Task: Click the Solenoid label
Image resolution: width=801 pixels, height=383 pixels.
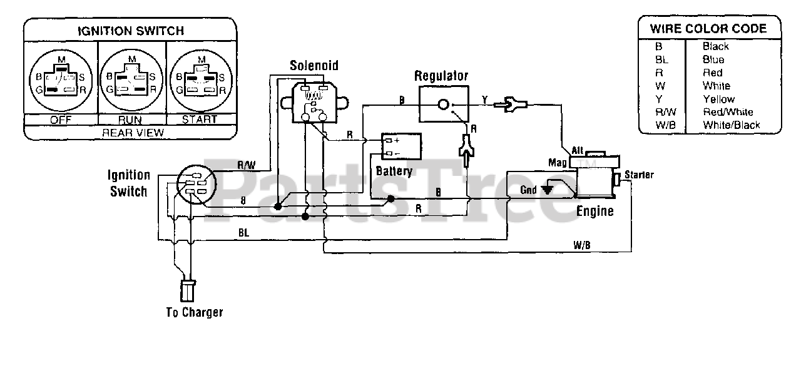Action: pos(314,66)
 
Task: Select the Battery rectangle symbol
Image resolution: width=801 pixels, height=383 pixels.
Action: pos(401,146)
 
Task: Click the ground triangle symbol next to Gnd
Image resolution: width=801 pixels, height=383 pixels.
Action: pos(547,190)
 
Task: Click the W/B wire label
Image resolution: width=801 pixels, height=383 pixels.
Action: pos(582,245)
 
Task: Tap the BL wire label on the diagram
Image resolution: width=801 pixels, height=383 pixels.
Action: pos(243,233)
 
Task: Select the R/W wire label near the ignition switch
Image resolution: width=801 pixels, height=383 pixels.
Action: pos(247,165)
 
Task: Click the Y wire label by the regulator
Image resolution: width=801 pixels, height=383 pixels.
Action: pos(484,100)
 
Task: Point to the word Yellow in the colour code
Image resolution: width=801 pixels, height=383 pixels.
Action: pos(718,99)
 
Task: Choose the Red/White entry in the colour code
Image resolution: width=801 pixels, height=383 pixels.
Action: pos(728,112)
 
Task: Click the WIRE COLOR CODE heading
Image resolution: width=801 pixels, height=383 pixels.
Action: pos(708,29)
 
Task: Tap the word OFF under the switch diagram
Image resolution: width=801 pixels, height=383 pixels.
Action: pos(61,120)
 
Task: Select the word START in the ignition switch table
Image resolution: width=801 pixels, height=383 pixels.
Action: pos(200,119)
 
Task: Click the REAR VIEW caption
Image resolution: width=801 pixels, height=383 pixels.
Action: pos(133,133)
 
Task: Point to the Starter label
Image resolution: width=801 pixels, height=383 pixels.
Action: pos(639,175)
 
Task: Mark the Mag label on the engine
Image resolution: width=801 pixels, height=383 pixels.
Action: pos(558,163)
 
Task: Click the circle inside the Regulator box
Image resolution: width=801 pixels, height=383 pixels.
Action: pos(444,105)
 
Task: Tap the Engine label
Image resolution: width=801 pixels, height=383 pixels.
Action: pos(595,212)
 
